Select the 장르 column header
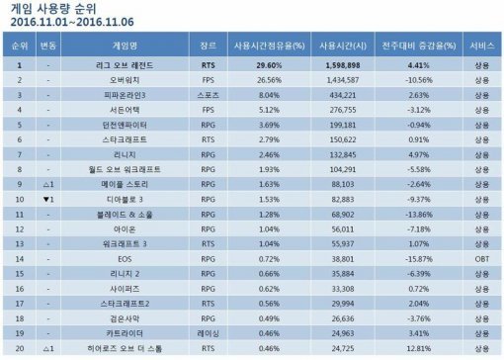(209, 45)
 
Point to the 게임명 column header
(126, 45)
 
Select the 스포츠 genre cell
(209, 96)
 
